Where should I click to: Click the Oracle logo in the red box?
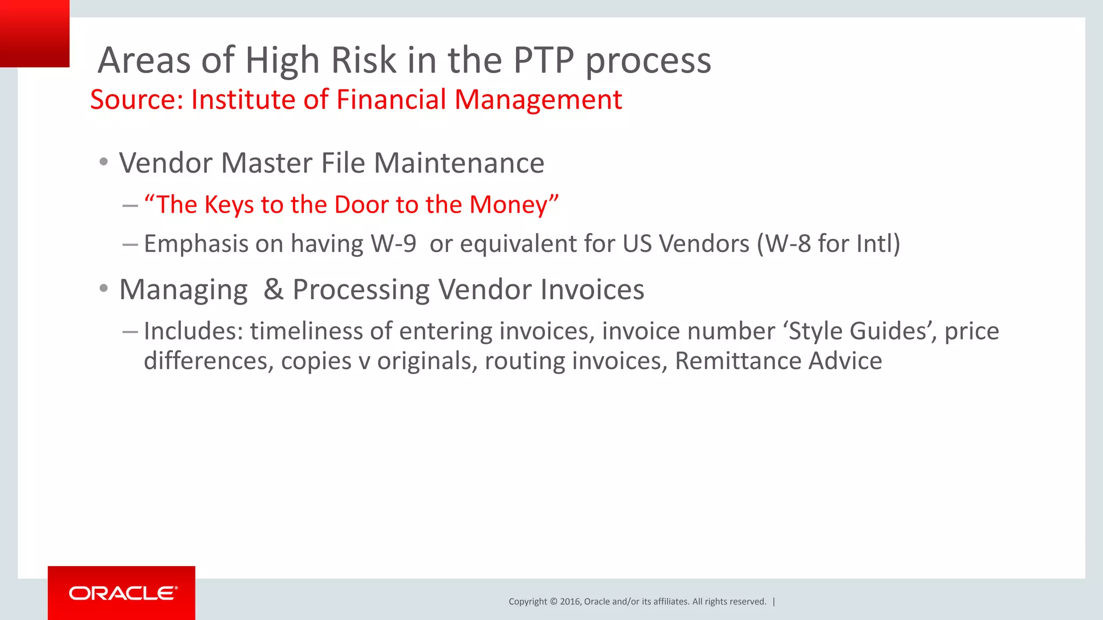click(123, 593)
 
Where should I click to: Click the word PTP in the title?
click(543, 60)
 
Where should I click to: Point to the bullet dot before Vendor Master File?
click(104, 162)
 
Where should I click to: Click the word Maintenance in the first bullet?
click(459, 163)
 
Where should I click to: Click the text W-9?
click(394, 244)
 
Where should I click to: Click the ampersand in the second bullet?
click(274, 290)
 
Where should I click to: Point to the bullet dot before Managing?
click(104, 289)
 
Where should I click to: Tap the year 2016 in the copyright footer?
click(570, 602)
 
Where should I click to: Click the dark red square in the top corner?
click(34, 33)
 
